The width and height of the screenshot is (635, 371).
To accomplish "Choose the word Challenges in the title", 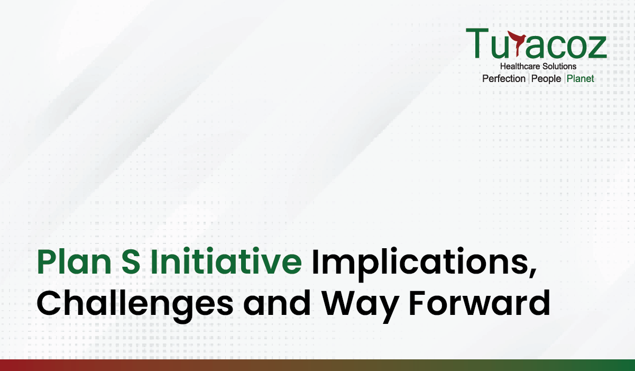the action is click(x=135, y=305).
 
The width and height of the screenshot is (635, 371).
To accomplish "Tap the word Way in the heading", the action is click(x=360, y=306).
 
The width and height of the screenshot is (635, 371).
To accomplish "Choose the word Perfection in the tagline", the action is click(x=504, y=79).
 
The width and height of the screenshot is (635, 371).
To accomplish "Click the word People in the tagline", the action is click(x=546, y=79).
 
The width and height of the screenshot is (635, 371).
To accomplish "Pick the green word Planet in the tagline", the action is click(x=581, y=79).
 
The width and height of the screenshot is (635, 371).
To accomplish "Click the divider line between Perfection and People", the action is click(x=529, y=78).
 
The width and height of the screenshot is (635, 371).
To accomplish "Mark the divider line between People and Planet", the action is click(x=564, y=78).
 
